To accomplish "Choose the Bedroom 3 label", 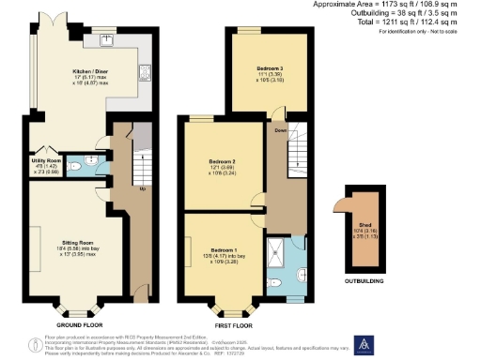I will point(272,69).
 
